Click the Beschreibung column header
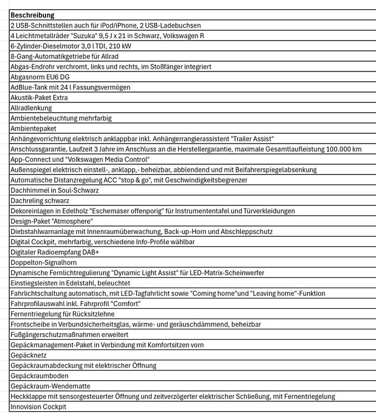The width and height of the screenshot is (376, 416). [32, 15]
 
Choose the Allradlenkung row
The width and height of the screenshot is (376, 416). [31, 108]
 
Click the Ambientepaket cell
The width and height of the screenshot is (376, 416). [34, 128]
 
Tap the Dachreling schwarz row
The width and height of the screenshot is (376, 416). [40, 200]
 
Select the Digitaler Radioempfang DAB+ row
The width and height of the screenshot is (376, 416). [55, 252]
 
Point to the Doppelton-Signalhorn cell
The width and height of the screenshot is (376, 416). [43, 262]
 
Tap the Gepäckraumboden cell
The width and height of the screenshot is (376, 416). [40, 375]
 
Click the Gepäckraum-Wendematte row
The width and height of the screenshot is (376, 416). [50, 386]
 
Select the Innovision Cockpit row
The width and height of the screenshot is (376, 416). [38, 406]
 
